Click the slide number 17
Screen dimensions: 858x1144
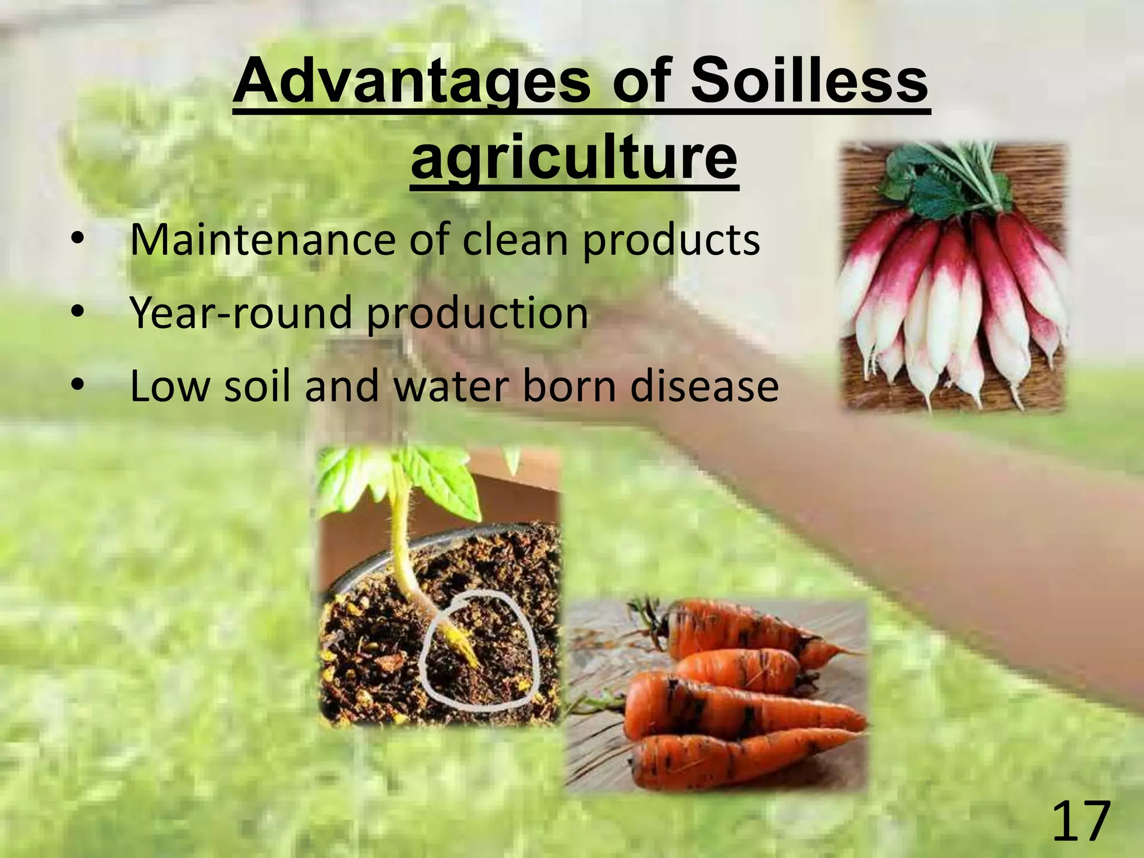(x=1080, y=821)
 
